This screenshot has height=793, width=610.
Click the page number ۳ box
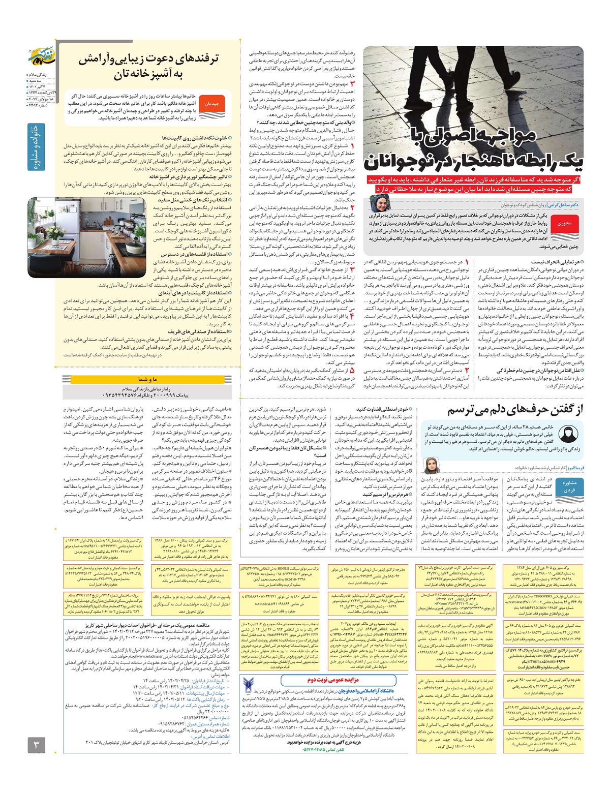[x=36, y=745]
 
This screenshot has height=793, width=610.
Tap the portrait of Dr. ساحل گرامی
[x=380, y=203]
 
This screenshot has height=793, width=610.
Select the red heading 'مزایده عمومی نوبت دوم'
[x=333, y=680]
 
